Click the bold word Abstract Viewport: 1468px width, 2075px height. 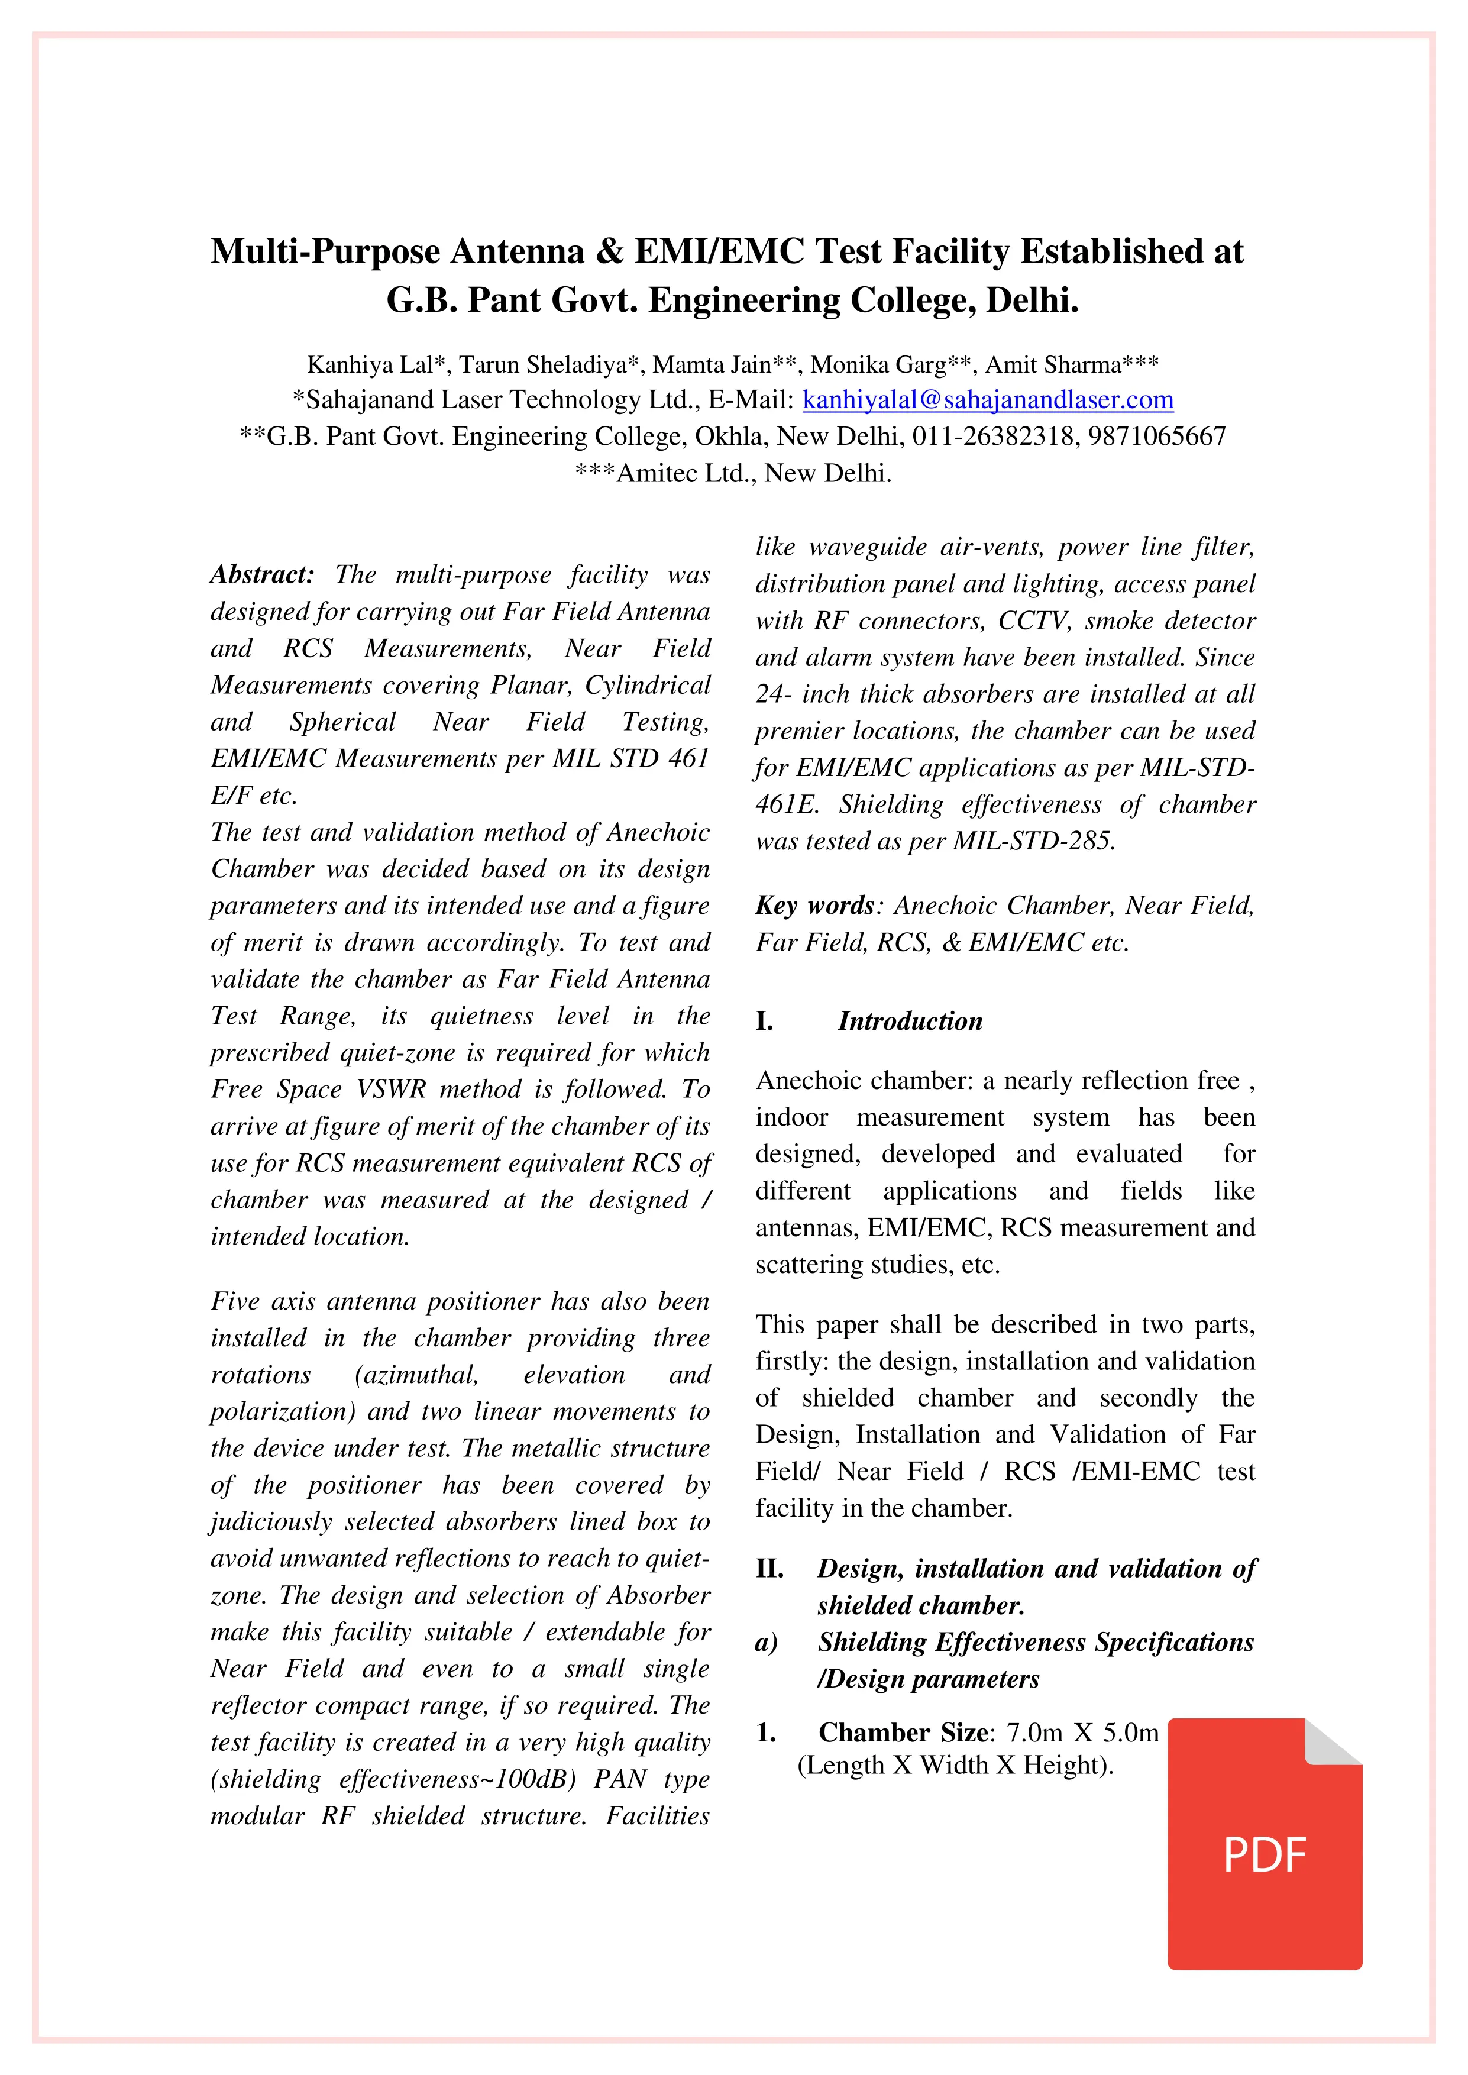262,575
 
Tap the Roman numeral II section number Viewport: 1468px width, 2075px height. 769,1569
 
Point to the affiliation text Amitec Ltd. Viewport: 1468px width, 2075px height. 685,474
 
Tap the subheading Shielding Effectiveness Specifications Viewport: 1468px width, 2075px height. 1035,1642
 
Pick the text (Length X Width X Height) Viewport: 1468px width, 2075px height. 955,1765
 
